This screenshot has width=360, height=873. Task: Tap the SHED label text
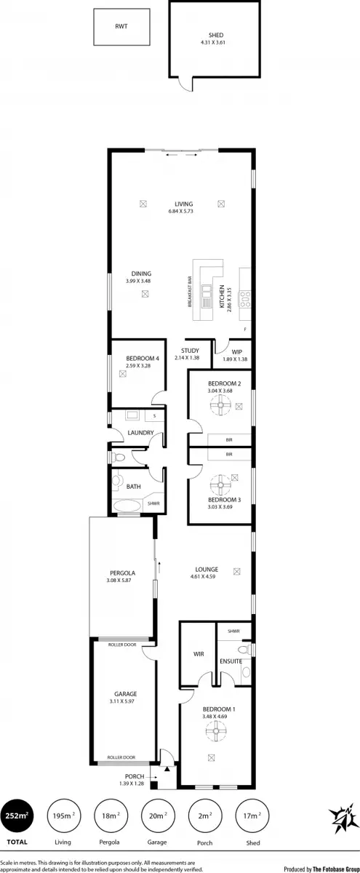point(216,34)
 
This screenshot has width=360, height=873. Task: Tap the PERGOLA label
point(119,573)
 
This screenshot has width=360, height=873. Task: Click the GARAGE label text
point(126,694)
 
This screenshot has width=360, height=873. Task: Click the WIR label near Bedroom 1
point(198,654)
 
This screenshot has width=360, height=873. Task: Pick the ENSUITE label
point(231,661)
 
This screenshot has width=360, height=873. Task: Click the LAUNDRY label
point(140,433)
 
